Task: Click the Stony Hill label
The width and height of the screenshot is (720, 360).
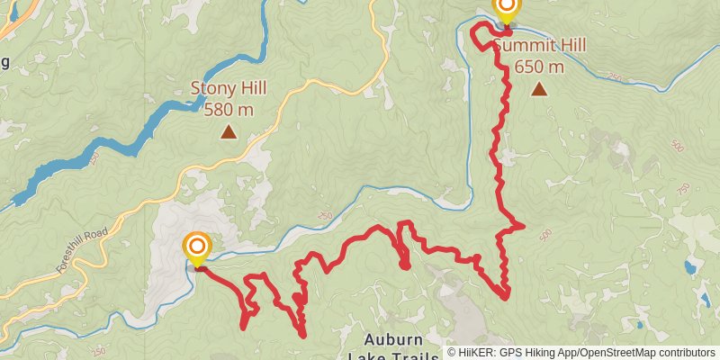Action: click(x=229, y=89)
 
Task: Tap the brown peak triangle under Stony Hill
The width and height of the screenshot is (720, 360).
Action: click(x=229, y=133)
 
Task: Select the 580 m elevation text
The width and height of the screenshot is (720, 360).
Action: click(x=229, y=109)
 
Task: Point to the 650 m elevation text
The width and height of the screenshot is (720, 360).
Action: click(x=540, y=67)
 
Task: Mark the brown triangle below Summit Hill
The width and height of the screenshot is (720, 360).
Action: click(x=539, y=88)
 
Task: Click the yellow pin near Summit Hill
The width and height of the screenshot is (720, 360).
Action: click(x=507, y=8)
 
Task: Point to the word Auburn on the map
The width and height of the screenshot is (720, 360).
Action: click(x=394, y=339)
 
